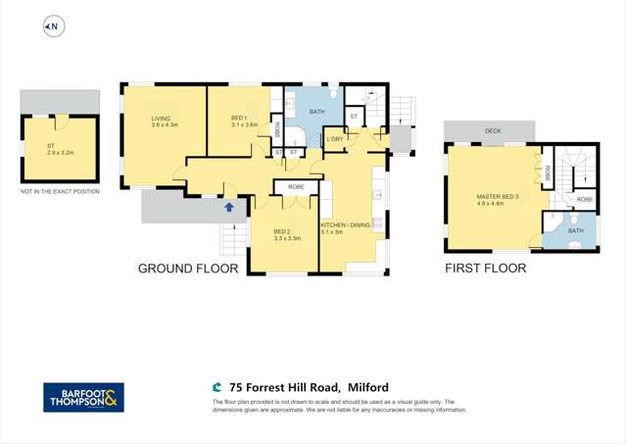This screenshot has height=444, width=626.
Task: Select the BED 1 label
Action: point(243,118)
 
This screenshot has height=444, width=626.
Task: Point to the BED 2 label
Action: point(286,231)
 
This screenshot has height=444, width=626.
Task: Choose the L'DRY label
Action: point(335,140)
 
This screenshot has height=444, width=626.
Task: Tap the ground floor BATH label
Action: point(316,112)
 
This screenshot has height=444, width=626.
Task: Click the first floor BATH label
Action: point(575,231)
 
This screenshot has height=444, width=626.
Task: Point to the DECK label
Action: point(489,130)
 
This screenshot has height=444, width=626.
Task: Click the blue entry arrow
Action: point(229,207)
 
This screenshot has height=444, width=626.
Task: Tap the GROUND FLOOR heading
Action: point(188,269)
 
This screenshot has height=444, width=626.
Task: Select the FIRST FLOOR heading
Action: point(486,269)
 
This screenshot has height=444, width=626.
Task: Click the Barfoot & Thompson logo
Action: point(83,397)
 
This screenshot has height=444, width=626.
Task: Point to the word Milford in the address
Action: point(367,388)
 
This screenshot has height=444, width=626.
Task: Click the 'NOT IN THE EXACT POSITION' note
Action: point(60,192)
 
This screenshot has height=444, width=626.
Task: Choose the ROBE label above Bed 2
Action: point(295,186)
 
